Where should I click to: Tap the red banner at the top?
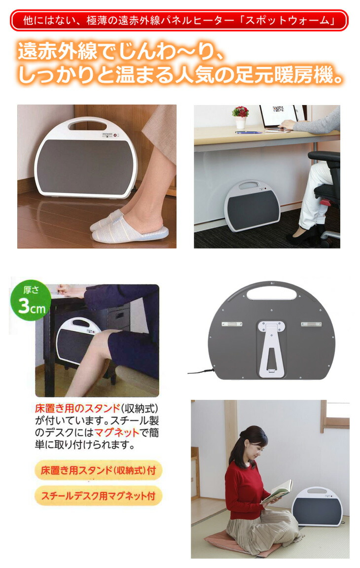180,21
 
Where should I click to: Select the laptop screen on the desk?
279,116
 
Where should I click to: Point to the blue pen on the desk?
248,132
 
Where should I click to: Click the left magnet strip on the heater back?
232,324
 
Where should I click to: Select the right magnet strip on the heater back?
311,324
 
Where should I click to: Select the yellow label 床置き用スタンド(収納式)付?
98,470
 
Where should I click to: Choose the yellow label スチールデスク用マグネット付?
98,496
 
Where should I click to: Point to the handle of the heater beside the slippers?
88,124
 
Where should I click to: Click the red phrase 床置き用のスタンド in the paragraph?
77,409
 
